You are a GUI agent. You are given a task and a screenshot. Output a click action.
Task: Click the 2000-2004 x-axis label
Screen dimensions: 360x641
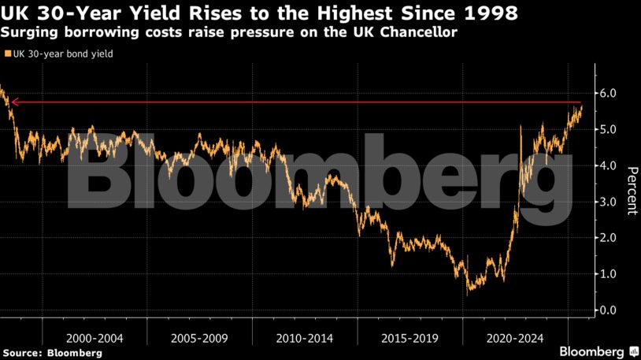click(94, 338)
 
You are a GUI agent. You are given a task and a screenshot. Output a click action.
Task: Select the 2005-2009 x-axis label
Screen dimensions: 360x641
click(200, 338)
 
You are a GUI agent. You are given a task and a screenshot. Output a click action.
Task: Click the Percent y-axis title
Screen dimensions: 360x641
click(631, 191)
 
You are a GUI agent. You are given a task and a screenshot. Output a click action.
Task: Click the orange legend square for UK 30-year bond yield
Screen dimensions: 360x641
click(8, 54)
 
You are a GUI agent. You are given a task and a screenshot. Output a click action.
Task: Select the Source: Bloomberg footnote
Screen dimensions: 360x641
click(52, 353)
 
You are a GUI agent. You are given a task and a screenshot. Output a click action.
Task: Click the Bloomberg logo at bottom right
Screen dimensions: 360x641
click(599, 351)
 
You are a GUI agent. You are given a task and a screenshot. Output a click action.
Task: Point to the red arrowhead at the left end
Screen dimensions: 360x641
click(12, 102)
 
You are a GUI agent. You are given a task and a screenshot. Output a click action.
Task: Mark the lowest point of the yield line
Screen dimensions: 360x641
click(469, 291)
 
